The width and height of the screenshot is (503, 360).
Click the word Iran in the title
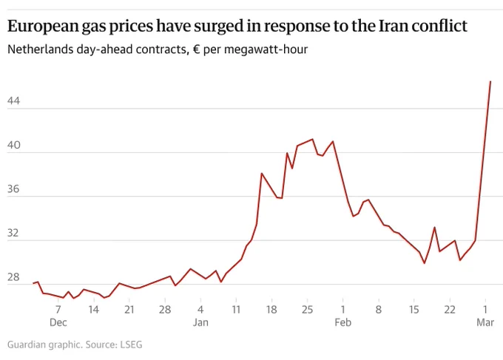tap(394, 26)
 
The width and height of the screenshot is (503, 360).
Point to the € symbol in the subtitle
tap(197, 50)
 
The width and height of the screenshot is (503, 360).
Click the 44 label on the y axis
tap(13, 101)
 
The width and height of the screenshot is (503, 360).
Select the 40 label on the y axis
tap(13, 145)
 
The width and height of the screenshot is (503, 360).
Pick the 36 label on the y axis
tap(13, 189)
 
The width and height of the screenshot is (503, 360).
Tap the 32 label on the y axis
tap(13, 233)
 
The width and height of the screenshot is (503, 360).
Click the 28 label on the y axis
tap(13, 277)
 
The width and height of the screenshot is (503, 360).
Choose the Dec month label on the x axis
tap(58, 322)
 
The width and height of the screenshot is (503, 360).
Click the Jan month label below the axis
tap(200, 322)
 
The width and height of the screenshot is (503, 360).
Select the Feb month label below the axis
tap(342, 322)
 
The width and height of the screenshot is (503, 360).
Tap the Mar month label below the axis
tap(485, 322)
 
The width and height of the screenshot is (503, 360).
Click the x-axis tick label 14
tap(94, 310)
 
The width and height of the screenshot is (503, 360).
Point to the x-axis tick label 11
tap(236, 310)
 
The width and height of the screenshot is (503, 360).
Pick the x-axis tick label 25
tap(307, 310)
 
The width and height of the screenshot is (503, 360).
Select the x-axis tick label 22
tap(450, 310)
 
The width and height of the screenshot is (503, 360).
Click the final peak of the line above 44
tap(490, 81)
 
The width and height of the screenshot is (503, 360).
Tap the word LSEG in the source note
tap(131, 344)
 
